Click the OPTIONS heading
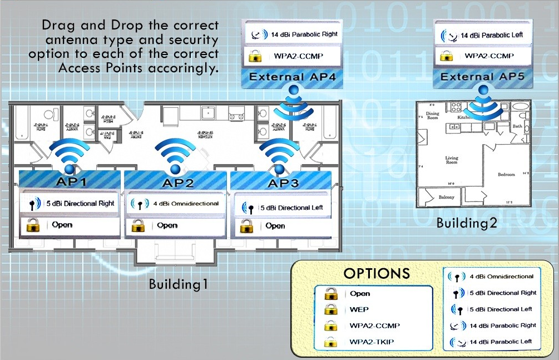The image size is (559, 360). [x=377, y=273]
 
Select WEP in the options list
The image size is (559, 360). [x=359, y=309]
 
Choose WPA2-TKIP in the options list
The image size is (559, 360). [x=371, y=342]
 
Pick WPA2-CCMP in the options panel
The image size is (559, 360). [x=374, y=326]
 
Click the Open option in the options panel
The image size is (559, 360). [x=360, y=293]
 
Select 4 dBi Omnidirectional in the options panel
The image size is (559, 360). [x=501, y=277]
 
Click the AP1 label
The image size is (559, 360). [x=70, y=181]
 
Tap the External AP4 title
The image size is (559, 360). [x=292, y=77]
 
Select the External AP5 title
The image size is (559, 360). [x=482, y=77]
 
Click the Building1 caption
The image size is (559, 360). [x=178, y=284]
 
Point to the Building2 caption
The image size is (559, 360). [x=466, y=224]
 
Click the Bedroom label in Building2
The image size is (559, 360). [x=506, y=174]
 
